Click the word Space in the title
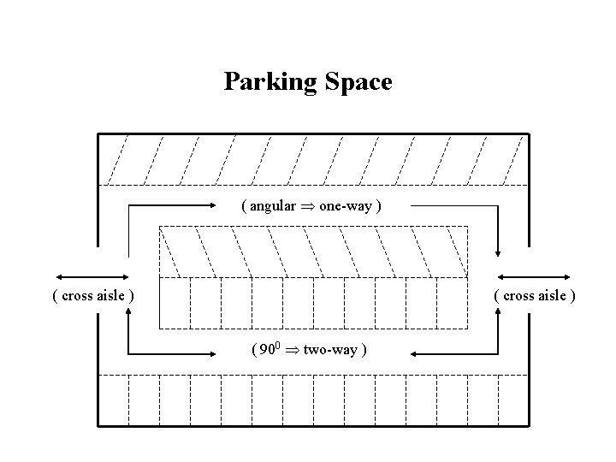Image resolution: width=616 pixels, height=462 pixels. click(x=358, y=82)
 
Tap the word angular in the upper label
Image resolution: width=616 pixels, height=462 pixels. click(x=273, y=206)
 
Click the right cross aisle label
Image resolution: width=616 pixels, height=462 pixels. click(x=535, y=296)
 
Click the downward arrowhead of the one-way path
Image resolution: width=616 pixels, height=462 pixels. click(x=498, y=252)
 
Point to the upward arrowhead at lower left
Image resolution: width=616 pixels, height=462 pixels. click(x=128, y=314)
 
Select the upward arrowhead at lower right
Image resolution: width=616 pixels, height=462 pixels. click(x=498, y=314)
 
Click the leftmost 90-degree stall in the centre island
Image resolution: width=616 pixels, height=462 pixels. click(x=174, y=303)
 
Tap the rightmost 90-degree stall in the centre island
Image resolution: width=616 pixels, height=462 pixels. click(x=453, y=303)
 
